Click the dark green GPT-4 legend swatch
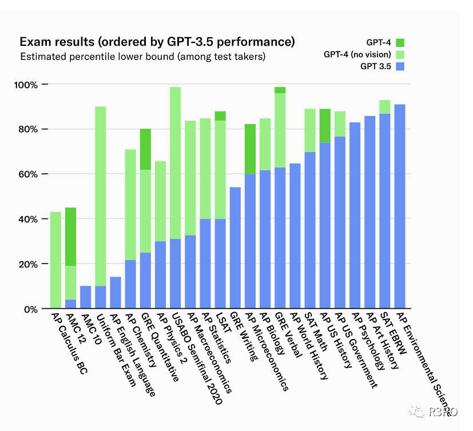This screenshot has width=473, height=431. click(400, 42)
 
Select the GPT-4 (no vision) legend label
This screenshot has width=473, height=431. click(357, 55)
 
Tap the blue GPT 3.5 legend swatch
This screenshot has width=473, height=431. click(400, 67)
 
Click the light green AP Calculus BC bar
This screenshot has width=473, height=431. click(55, 260)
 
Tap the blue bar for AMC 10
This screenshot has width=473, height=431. click(86, 297)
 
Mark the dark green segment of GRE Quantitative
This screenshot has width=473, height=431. click(145, 149)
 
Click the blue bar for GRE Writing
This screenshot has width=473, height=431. click(235, 248)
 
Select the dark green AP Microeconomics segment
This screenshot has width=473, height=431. click(250, 149)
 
